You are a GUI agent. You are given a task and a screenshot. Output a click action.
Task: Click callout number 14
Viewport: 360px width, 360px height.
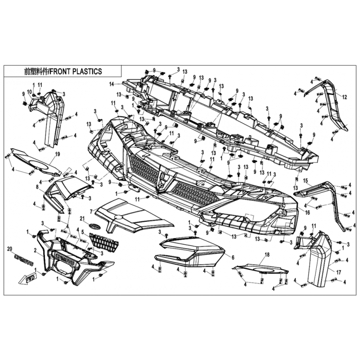tap(111, 84)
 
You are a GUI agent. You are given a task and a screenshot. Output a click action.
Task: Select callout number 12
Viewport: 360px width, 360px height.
tap(345, 97)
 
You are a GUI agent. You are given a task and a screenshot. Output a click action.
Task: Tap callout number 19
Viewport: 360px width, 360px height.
tap(57, 154)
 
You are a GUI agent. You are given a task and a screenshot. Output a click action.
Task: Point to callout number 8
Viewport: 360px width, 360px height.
tap(37, 186)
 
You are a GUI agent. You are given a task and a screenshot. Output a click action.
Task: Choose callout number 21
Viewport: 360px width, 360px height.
tap(82, 218)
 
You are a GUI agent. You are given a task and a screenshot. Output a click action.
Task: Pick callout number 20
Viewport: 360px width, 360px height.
tap(9, 249)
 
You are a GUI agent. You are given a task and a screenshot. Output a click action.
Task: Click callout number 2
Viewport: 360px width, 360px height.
tap(35, 250)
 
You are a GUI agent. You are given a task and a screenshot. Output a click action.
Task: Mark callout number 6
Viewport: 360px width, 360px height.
tap(233, 257)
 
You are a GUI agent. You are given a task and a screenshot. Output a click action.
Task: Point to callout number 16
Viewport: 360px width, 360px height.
tap(308, 212)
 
